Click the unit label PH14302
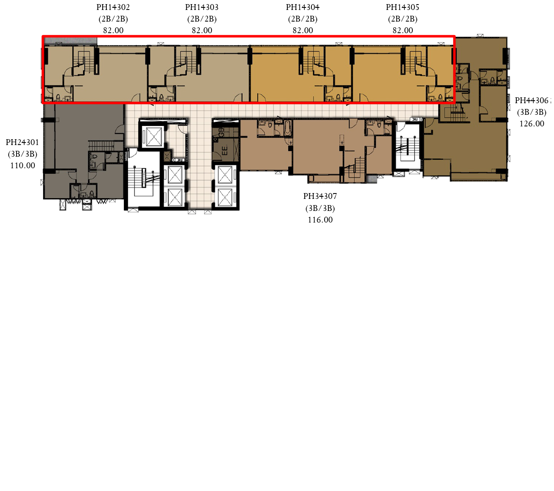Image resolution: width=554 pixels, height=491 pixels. [x=113, y=7]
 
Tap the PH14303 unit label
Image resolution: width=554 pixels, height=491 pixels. [x=202, y=7]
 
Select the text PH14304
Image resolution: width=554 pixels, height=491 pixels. [x=303, y=7]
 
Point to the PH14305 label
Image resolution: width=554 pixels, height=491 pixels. [x=402, y=7]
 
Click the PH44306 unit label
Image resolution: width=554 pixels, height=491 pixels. [x=532, y=100]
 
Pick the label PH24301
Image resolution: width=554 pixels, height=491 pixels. [x=22, y=142]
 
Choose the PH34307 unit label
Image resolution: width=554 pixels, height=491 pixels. [x=320, y=196]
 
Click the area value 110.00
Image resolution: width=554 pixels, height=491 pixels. [x=23, y=166]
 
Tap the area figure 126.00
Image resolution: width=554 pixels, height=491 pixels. [x=532, y=124]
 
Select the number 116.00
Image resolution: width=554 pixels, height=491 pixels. [x=320, y=220]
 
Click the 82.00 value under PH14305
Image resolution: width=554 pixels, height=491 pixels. [x=403, y=30]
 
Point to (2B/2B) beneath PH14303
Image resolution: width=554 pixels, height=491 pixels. [x=202, y=19]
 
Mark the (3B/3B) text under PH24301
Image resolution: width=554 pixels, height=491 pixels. [x=22, y=154]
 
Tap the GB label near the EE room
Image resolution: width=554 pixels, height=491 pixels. [x=222, y=132]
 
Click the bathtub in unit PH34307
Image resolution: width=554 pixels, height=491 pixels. [x=288, y=128]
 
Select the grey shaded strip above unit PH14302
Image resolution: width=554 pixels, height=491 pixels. [x=70, y=41]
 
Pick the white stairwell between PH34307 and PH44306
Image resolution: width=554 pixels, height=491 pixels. [x=408, y=145]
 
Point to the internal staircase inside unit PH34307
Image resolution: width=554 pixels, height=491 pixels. [x=356, y=169]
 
